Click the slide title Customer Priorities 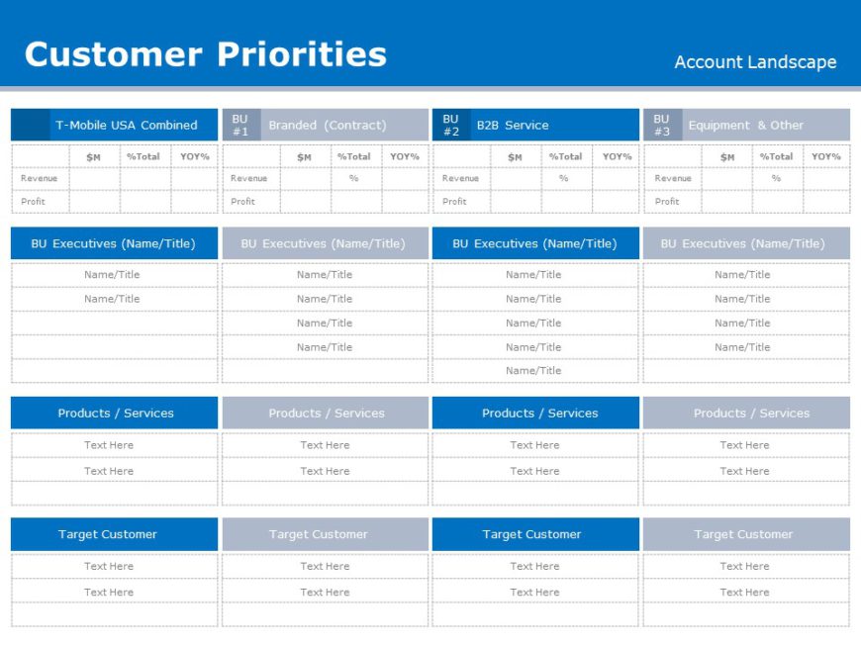[x=205, y=53]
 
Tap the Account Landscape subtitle [x=755, y=62]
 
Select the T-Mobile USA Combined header [x=126, y=126]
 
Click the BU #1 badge [x=240, y=125]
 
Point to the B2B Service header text [x=512, y=126]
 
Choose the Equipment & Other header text [x=745, y=126]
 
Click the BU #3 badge [x=661, y=125]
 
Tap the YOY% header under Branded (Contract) [x=404, y=156]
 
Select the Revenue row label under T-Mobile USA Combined [x=40, y=178]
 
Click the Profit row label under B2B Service [x=454, y=201]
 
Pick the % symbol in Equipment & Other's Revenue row [x=776, y=178]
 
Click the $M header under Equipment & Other [x=727, y=156]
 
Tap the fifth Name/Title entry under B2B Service [x=533, y=370]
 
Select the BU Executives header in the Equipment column [x=742, y=243]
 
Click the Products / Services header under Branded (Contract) [x=326, y=414]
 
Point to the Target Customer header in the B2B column [x=531, y=534]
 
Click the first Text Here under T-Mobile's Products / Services [x=109, y=445]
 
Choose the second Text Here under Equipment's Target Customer [x=744, y=592]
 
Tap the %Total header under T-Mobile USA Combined [x=143, y=156]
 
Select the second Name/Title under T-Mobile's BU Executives [x=112, y=299]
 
